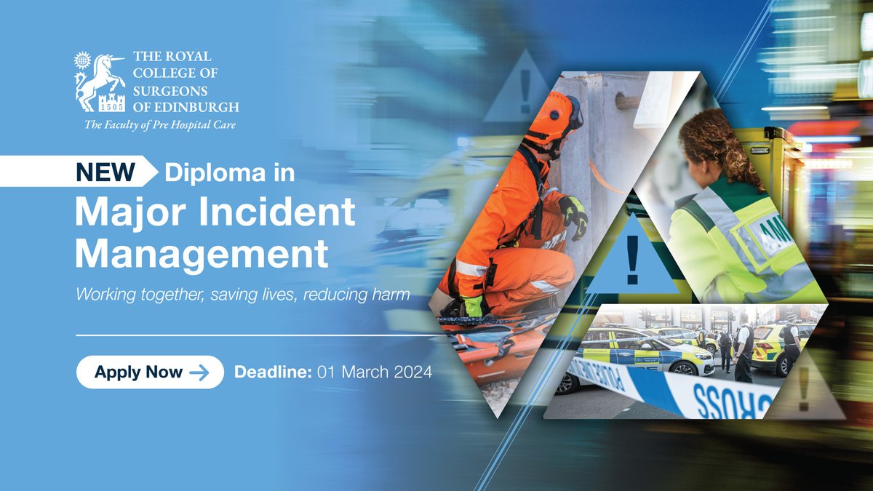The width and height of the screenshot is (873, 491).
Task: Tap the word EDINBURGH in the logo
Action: click(x=194, y=107)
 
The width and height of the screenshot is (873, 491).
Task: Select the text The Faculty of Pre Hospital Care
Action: click(x=160, y=125)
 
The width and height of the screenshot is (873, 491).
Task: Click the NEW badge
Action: click(x=105, y=172)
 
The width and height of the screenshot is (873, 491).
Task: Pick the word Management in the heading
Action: click(x=202, y=255)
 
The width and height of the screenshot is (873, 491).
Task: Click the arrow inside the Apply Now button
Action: click(x=199, y=372)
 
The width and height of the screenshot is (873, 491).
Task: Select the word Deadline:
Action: click(x=273, y=372)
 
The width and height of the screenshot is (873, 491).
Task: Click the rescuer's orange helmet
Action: click(x=551, y=116)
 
